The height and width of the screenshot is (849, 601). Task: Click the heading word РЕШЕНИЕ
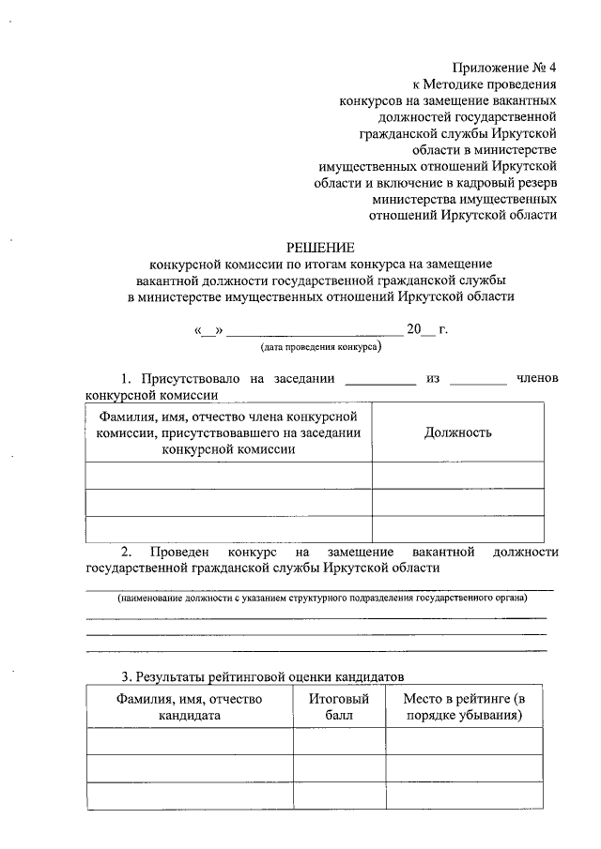322,249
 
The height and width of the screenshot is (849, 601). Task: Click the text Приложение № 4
504,68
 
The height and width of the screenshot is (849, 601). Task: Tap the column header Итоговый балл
339,706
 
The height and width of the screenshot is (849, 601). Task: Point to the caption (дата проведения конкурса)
321,346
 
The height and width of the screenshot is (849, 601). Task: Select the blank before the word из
380,381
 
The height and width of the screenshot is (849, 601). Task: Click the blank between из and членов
477,381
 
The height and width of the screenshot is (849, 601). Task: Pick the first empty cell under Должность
457,475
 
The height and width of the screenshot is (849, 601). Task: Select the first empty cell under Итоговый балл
339,741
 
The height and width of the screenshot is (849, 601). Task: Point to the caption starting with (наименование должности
321,598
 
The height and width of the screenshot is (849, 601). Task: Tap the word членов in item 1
537,378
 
